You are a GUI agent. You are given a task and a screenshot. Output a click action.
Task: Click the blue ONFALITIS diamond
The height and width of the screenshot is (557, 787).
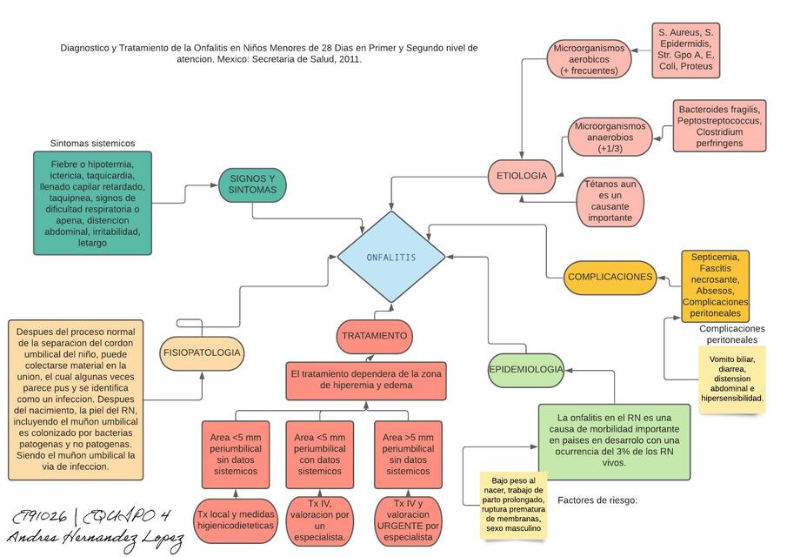[x=391, y=258]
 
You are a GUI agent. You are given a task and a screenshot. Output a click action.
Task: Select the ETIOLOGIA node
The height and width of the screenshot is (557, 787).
[x=522, y=176]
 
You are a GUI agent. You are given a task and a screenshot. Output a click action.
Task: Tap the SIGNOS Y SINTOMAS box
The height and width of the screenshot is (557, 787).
[x=252, y=184]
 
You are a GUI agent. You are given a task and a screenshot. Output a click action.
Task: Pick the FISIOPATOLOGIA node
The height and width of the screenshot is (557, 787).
[x=202, y=353]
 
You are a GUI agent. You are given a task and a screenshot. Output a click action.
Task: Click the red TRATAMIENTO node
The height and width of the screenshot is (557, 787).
[x=374, y=336]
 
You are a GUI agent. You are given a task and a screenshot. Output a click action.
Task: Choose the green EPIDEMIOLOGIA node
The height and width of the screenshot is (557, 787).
[x=525, y=369]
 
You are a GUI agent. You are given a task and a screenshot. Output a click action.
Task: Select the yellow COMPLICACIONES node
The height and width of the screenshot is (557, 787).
[x=610, y=277]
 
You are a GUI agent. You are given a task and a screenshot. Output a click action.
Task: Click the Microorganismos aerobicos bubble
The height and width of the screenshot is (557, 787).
[x=589, y=59]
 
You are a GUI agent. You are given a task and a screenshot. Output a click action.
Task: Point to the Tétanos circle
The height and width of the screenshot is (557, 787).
[x=610, y=201]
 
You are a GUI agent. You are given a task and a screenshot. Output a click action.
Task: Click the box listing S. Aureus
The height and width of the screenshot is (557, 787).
[x=686, y=49]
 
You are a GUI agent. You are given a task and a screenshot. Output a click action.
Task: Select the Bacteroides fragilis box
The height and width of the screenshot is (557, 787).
[x=719, y=125]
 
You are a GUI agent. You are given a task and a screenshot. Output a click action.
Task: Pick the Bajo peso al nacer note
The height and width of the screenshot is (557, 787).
[x=514, y=504]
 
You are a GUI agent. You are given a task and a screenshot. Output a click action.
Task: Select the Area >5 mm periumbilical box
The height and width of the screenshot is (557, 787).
[x=408, y=454]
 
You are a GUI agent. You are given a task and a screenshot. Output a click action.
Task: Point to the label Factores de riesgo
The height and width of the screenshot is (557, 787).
[x=597, y=500]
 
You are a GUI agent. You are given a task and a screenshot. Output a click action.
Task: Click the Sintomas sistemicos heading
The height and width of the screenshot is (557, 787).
[x=92, y=144]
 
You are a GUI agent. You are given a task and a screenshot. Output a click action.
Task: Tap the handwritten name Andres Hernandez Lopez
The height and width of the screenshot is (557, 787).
[x=96, y=540]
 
